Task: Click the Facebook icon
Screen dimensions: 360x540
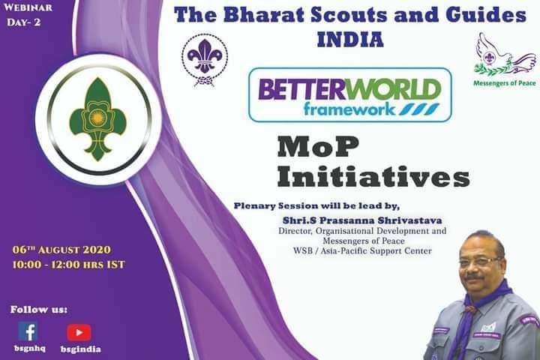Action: [x=28, y=331]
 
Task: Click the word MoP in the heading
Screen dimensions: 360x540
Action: [x=310, y=147]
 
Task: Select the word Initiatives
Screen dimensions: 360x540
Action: [x=373, y=177]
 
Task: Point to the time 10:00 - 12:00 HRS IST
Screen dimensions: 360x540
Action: [x=69, y=264]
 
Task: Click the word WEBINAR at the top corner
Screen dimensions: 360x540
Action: [x=28, y=9]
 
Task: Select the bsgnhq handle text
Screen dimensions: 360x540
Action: [x=28, y=349]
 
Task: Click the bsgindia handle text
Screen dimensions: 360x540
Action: [x=80, y=349]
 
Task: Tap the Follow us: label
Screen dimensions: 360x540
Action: [x=39, y=309]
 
